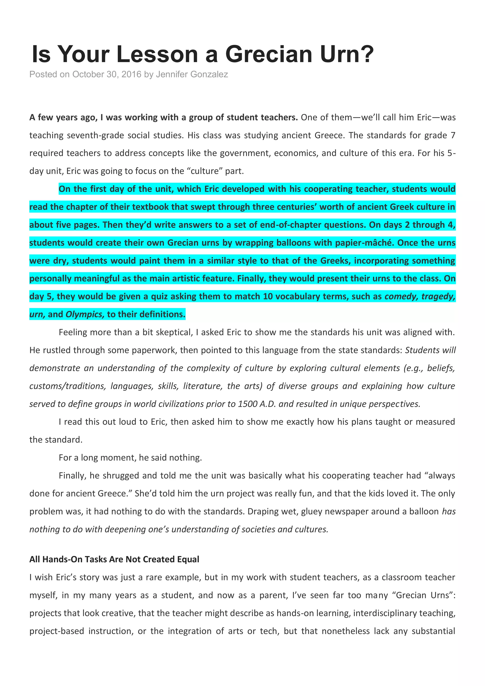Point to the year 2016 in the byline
pyautogui.click(x=131, y=74)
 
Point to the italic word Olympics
pyautogui.click(x=85, y=314)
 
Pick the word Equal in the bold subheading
pyautogui.click(x=188, y=559)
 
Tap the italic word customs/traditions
pyautogui.click(x=67, y=386)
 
